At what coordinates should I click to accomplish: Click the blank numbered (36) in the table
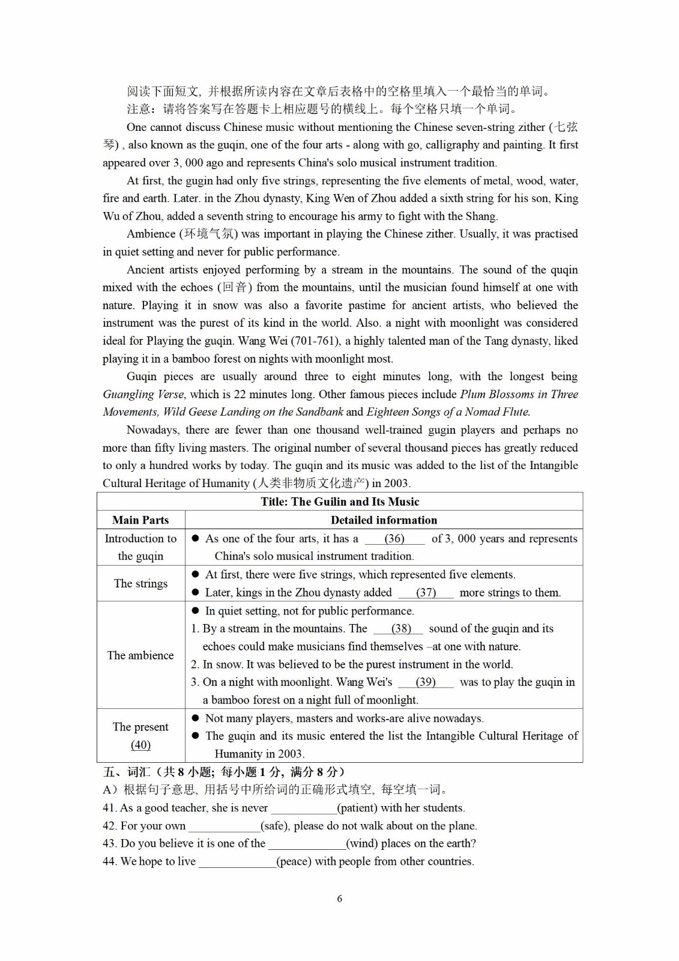[x=394, y=539]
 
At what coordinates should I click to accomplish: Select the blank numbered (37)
[x=426, y=593]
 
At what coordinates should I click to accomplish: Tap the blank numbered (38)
[x=401, y=629]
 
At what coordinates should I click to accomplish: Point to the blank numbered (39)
[x=426, y=682]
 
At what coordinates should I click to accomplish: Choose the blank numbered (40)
[x=140, y=745]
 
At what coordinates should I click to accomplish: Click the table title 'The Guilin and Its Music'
[x=340, y=502]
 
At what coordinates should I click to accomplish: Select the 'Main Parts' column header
[x=140, y=520]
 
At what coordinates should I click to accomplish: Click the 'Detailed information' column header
[x=384, y=520]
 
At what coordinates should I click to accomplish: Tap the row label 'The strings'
[x=140, y=583]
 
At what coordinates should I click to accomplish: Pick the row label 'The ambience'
[x=140, y=655]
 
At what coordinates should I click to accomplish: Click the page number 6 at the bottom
[x=340, y=899]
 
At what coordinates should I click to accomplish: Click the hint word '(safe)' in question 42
[x=275, y=826]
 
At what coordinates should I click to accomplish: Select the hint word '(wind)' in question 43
[x=363, y=843]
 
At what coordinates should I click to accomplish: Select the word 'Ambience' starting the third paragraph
[x=151, y=234]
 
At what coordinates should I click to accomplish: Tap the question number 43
[x=110, y=843]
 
